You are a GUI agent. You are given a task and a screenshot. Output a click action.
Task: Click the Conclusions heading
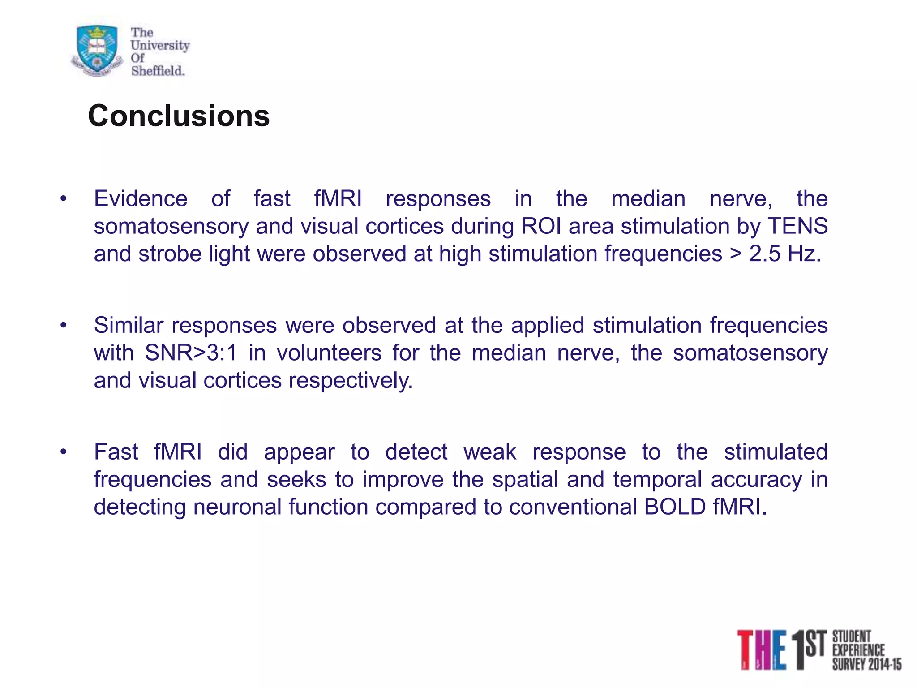[179, 116]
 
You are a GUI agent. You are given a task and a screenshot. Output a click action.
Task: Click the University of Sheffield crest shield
[97, 49]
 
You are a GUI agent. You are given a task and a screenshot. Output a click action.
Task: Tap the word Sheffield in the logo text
[158, 71]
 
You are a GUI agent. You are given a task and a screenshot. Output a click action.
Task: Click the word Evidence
[141, 198]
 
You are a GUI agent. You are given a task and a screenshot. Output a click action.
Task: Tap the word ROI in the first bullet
[541, 226]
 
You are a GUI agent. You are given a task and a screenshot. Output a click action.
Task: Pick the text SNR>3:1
[191, 353]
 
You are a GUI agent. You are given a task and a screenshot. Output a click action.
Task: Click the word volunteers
[329, 353]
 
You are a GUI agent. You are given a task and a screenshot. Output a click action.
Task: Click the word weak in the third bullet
[490, 451]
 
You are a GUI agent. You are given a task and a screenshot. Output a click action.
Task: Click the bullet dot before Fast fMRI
[64, 451]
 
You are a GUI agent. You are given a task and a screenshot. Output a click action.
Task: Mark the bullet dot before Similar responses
[64, 325]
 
